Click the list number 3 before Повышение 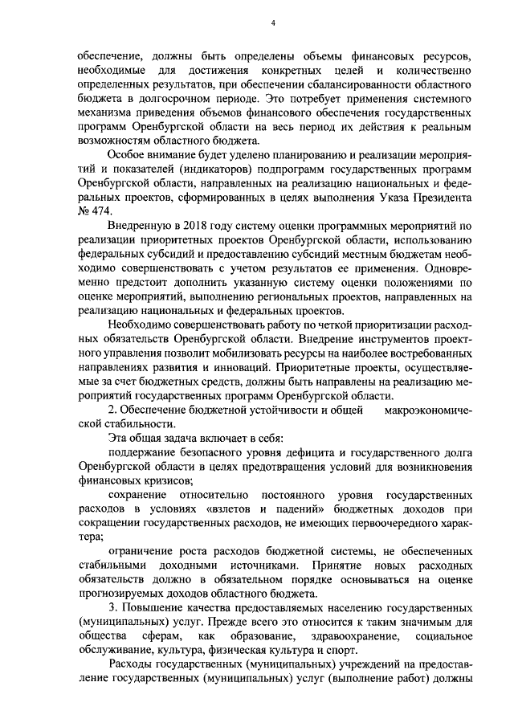pyautogui.click(x=112, y=607)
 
